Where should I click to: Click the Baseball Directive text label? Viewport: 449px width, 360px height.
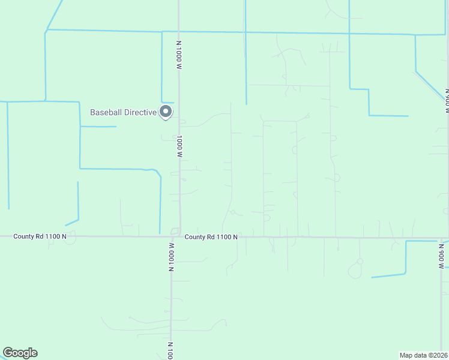[x=122, y=112]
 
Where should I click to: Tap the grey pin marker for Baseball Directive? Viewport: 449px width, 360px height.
[x=166, y=112]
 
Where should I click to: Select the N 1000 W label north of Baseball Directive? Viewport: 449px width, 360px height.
[x=178, y=56]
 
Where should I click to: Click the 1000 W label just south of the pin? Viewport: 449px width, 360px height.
[x=179, y=146]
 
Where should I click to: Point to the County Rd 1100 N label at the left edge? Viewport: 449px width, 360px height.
[x=40, y=237]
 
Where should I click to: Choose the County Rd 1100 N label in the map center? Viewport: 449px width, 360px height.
[x=211, y=237]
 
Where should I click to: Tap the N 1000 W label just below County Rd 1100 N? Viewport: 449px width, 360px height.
[x=171, y=256]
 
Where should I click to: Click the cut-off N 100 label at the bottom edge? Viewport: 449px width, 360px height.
[x=171, y=350]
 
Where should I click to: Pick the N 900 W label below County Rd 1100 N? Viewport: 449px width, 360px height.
[x=441, y=254]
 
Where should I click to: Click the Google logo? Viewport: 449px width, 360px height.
[x=20, y=353]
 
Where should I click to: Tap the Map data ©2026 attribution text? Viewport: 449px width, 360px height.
[x=423, y=355]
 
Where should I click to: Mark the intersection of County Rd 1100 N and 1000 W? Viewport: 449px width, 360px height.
[x=176, y=236]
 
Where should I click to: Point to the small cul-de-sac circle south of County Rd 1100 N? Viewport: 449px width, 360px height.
[x=360, y=261]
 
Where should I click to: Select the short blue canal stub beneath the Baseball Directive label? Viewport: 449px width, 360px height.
[x=98, y=127]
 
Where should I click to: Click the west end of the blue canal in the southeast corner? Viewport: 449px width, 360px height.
[x=373, y=277]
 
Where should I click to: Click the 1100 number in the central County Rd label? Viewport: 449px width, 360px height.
[x=224, y=237]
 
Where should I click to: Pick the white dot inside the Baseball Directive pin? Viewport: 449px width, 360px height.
[x=166, y=111]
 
